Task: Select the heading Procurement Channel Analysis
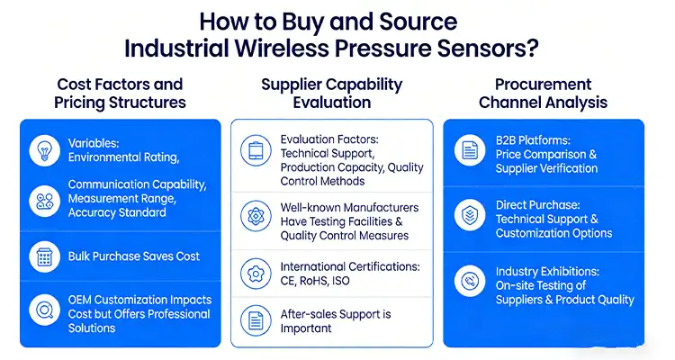tap(543, 93)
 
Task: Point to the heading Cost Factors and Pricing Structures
tap(121, 93)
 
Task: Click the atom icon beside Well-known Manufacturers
tap(256, 216)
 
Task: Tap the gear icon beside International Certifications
tap(256, 273)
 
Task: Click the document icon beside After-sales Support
tap(256, 321)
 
